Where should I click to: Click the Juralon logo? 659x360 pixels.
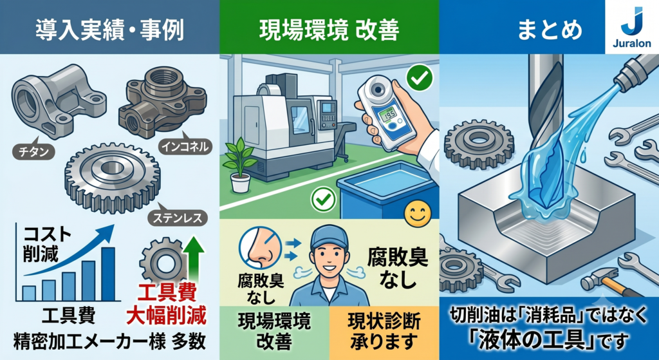click(x=632, y=27)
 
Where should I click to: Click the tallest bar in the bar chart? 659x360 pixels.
click(x=108, y=274)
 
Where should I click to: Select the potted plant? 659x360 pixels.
click(x=241, y=167)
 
